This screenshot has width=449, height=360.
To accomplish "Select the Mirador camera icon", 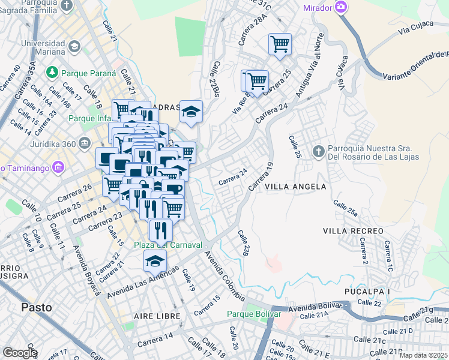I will click(342, 7).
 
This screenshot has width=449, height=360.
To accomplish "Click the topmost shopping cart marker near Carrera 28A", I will click(280, 44).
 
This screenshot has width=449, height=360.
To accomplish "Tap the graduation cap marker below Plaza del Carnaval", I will click(155, 260).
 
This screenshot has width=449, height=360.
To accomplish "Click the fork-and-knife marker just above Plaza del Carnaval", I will click(160, 229).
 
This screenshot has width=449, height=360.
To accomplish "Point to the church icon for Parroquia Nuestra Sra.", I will click(319, 150).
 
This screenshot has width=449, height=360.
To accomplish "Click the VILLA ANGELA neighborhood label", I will click(296, 187).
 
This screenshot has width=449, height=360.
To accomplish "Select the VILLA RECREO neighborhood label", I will click(352, 231).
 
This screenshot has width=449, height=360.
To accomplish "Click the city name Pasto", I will click(36, 307).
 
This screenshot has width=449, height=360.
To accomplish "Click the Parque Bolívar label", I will click(254, 314).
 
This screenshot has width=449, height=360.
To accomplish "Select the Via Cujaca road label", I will click(414, 27).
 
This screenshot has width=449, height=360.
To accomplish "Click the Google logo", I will click(20, 352).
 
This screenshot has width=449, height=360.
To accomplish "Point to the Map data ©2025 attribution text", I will click(423, 355).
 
